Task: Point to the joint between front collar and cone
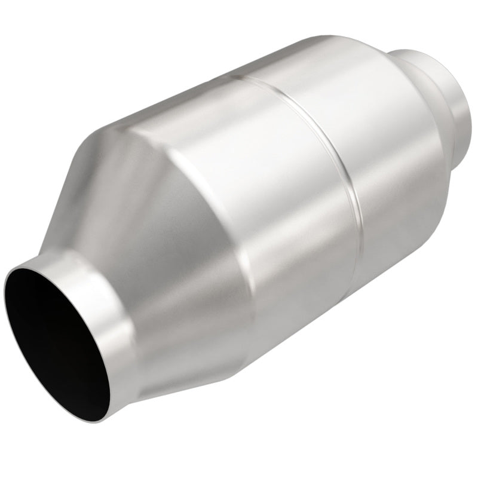119,287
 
